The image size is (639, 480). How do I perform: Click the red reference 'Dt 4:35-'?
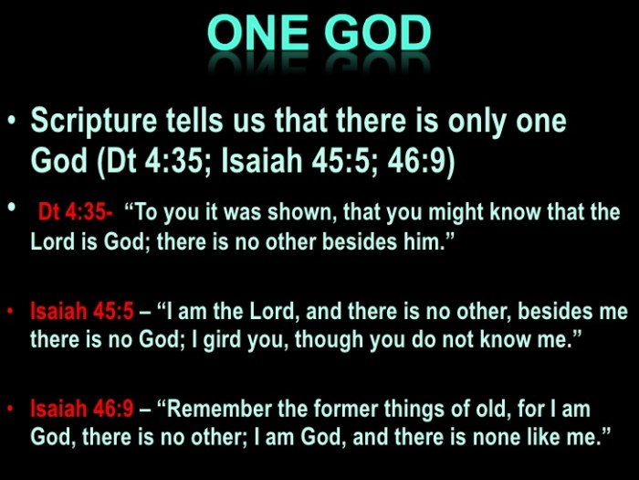tap(75, 213)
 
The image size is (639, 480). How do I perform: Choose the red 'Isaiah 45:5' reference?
tap(81, 312)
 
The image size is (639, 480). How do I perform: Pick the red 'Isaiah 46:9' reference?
tap(81, 410)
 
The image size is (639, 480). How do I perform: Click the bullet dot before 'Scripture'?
tap(12, 122)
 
